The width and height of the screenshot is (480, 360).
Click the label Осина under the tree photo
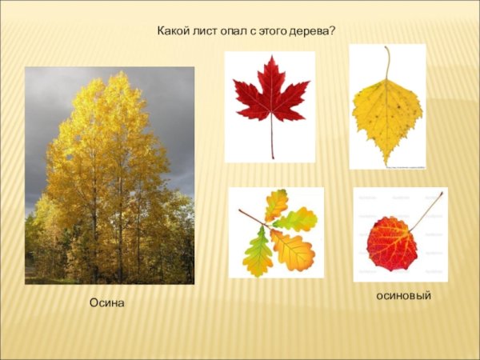click(x=107, y=304)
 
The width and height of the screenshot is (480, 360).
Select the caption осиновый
click(x=404, y=296)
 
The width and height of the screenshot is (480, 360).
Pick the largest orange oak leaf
click(x=293, y=250)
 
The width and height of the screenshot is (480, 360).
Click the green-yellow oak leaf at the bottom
click(x=258, y=253)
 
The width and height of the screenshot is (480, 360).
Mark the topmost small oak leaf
click(x=276, y=205)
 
